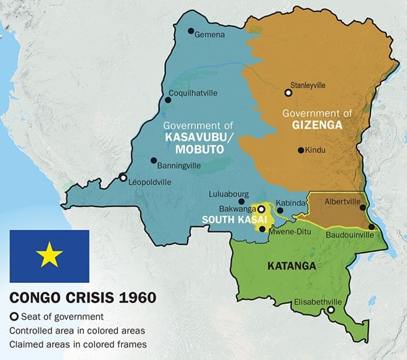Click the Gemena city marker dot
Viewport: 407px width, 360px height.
point(191,31)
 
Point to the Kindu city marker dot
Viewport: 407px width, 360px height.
point(300,150)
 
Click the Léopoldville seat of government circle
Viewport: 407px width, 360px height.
point(123,178)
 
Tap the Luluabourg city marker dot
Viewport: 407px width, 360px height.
point(241,201)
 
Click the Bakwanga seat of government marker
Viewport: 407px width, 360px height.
point(261,210)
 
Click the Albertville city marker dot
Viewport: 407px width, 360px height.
point(363,208)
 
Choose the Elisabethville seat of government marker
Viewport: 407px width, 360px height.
point(330,311)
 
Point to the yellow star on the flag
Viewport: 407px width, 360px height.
point(49,256)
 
